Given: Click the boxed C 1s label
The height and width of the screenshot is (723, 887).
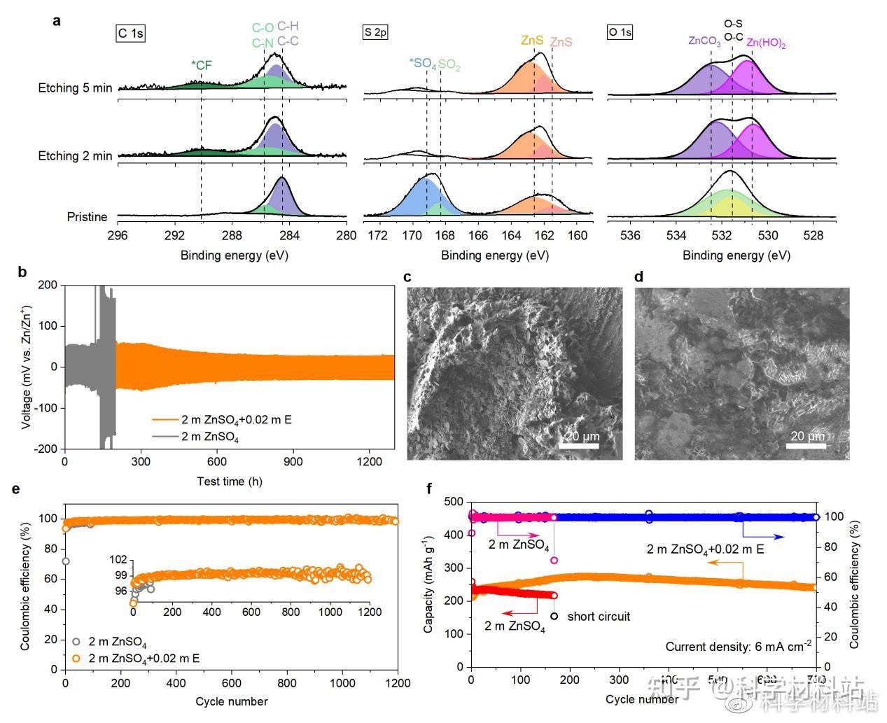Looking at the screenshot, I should (130, 34).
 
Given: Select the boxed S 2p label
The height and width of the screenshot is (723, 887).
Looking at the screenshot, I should (375, 32).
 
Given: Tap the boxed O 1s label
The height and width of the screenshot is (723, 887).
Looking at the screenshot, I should (620, 32).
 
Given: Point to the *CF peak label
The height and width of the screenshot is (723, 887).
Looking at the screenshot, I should (201, 66).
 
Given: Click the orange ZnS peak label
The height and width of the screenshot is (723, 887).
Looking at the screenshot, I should (531, 41).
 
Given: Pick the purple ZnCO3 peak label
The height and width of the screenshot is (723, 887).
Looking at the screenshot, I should (704, 41).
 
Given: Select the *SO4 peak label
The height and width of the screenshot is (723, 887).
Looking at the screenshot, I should (423, 64).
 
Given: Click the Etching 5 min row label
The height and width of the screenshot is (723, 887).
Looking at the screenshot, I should (75, 88).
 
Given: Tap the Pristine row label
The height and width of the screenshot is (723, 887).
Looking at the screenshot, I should (87, 217).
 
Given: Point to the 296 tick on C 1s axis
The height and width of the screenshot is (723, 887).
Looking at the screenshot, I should (118, 236).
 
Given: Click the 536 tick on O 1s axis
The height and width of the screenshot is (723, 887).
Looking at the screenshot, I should (631, 236).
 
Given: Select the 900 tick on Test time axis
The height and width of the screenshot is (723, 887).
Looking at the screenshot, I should (293, 462).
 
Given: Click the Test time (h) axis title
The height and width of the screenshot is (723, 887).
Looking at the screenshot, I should (230, 482).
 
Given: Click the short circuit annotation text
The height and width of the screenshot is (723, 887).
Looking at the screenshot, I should (599, 617).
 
